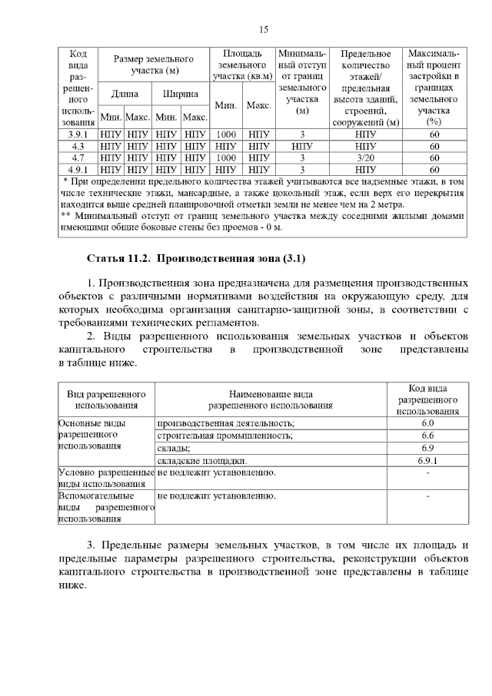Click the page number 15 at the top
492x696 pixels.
[262, 30]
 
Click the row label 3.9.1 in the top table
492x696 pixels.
[78, 134]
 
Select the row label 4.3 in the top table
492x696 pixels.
[78, 146]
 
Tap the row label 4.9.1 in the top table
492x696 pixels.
[78, 169]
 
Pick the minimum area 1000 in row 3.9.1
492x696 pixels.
[226, 134]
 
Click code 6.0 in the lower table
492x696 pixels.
[427, 423]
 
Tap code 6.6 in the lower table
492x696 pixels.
[427, 436]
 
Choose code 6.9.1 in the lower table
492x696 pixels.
[427, 460]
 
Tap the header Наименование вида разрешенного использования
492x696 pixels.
[271, 399]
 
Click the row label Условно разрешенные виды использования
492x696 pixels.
[106, 478]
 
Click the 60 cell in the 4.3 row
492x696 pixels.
[434, 146]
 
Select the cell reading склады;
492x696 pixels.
[175, 448]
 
